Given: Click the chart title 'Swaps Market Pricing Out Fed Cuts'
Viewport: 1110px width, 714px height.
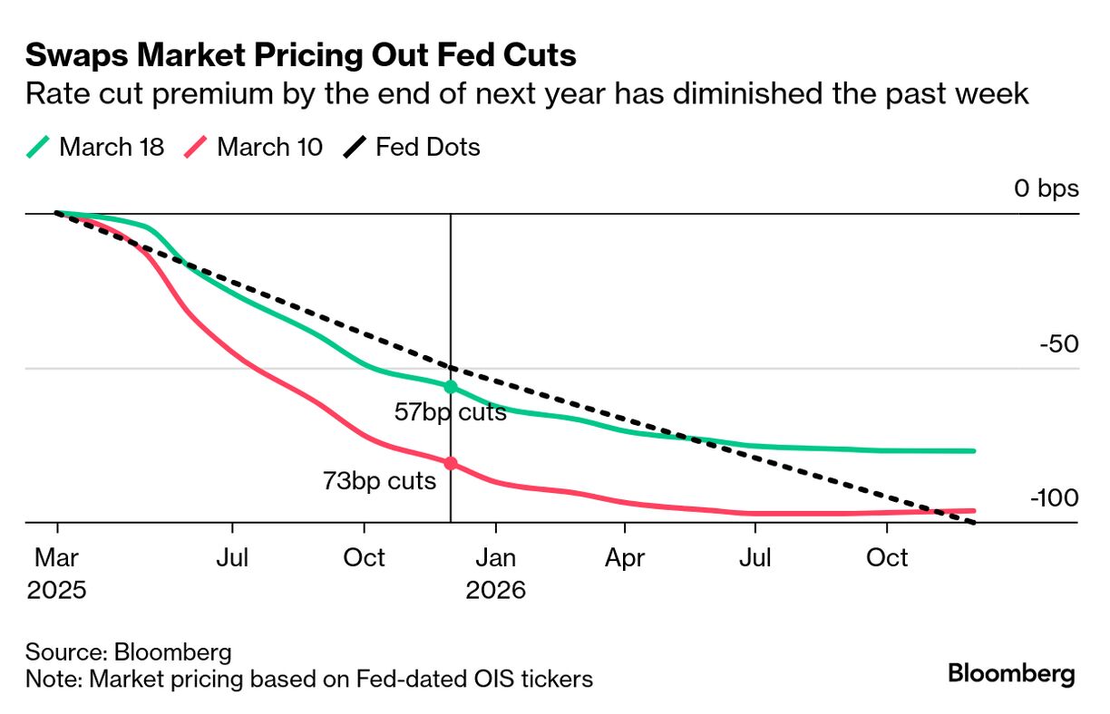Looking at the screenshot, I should coord(300,55).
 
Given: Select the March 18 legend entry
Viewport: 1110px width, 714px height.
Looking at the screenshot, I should coord(95,147).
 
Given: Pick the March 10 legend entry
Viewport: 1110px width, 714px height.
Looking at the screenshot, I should coord(254,147).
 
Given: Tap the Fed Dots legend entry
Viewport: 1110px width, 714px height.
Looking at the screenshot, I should coord(412,147).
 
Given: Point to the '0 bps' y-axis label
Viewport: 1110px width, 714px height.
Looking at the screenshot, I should coord(1047,188).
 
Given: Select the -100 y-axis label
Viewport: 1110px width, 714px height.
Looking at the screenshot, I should coord(1054,499).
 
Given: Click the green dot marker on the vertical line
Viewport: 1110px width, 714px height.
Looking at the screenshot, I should coord(451,387).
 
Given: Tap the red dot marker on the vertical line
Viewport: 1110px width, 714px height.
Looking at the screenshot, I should coord(451,464).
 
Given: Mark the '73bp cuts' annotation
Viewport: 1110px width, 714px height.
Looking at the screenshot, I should coord(379,481).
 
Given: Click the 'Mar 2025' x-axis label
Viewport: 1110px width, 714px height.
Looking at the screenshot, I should coord(56,574).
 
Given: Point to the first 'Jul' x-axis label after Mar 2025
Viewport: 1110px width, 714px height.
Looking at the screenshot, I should coord(233,557).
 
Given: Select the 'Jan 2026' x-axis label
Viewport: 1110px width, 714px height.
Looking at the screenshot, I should coord(495,574).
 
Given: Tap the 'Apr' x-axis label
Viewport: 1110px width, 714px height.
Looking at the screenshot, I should coord(625,557).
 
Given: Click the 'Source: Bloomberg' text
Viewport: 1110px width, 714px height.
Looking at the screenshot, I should coord(129,651).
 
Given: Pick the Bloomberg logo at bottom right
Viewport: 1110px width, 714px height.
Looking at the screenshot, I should coord(1011,673).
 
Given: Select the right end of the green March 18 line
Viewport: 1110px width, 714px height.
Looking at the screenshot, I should coord(973,450).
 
